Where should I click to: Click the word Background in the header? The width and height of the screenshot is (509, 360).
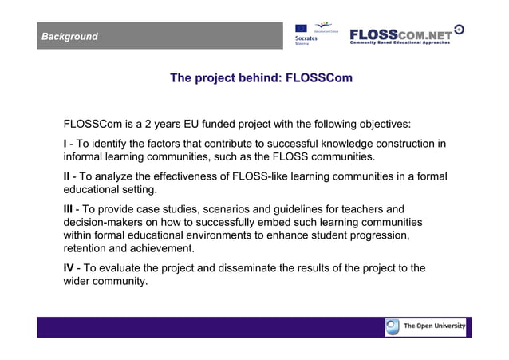click(x=70, y=37)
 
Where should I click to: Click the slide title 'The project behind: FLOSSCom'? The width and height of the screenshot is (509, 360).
click(x=261, y=78)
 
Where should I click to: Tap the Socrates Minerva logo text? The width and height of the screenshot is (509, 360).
click(x=307, y=39)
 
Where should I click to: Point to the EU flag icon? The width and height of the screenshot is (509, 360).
click(x=301, y=28)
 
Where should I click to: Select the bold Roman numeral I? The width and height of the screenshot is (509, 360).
click(x=65, y=144)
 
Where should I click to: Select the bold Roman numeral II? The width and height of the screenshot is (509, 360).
click(x=67, y=176)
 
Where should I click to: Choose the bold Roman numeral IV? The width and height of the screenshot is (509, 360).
click(x=69, y=268)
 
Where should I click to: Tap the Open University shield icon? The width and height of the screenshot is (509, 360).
click(x=393, y=326)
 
